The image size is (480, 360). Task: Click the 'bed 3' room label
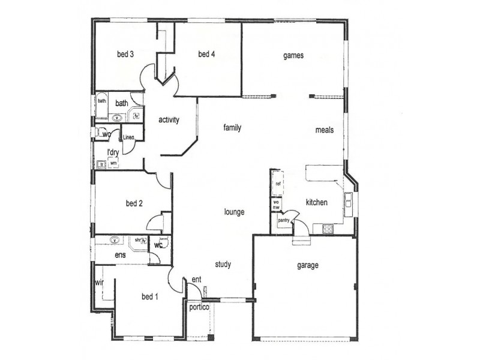click(x=125, y=54)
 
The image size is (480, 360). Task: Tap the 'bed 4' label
click(x=206, y=54)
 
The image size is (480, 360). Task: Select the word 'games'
click(x=294, y=55)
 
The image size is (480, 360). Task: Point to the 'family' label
click(x=232, y=128)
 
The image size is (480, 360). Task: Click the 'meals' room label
click(x=324, y=130)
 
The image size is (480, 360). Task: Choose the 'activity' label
click(x=169, y=119)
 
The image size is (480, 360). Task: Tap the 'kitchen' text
click(x=316, y=202)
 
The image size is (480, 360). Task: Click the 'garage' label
click(x=308, y=265)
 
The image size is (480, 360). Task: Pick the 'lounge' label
click(x=234, y=212)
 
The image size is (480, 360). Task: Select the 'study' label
click(x=223, y=264)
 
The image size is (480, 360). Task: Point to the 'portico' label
click(x=199, y=307)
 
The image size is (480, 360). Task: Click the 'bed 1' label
click(x=150, y=296)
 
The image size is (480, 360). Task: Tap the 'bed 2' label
click(x=134, y=203)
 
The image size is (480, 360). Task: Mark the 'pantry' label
click(x=284, y=220)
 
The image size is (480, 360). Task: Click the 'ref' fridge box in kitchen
click(x=278, y=184)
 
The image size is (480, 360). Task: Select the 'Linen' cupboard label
click(x=128, y=137)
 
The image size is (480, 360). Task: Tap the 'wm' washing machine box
click(x=113, y=162)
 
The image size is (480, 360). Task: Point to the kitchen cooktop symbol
click(x=328, y=228)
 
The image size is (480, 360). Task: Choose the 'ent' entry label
click(x=196, y=280)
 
